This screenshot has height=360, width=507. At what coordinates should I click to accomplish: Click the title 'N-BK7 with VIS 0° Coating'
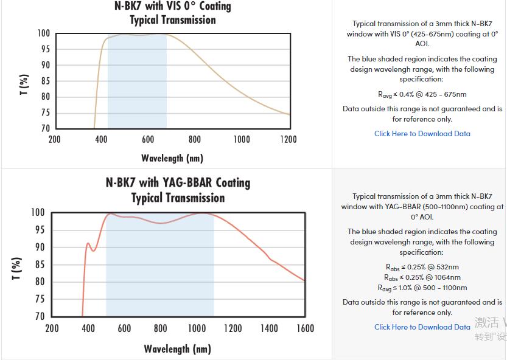(173, 7)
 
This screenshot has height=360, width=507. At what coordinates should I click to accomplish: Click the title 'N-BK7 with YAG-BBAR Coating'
(178, 182)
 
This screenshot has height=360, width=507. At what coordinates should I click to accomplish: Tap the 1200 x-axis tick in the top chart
(288, 139)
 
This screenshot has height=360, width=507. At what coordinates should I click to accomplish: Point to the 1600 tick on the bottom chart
(305, 328)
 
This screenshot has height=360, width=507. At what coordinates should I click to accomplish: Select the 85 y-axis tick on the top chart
(45, 81)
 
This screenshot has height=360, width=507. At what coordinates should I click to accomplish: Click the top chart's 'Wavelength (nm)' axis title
(172, 158)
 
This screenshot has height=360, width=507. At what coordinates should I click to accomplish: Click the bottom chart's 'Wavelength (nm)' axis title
(177, 348)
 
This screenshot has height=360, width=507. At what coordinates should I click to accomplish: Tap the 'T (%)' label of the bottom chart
(17, 268)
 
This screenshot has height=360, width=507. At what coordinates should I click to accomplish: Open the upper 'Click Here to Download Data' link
(422, 134)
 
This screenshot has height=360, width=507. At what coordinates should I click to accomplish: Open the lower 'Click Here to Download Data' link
(422, 327)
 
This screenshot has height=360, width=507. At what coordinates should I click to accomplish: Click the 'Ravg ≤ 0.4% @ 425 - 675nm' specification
(422, 94)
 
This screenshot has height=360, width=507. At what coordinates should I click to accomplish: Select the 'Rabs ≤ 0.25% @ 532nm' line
(422, 267)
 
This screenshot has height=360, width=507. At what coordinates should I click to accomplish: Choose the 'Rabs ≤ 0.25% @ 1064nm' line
(422, 277)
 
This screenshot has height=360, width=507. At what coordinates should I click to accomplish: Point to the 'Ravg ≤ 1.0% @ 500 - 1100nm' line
(422, 288)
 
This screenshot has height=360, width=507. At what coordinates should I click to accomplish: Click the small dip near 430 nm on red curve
(93, 251)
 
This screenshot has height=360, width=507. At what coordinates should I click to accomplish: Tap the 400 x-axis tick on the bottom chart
(88, 328)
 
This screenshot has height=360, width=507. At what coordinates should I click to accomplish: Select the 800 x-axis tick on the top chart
(195, 139)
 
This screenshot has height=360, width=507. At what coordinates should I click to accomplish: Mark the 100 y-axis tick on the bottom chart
(38, 213)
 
